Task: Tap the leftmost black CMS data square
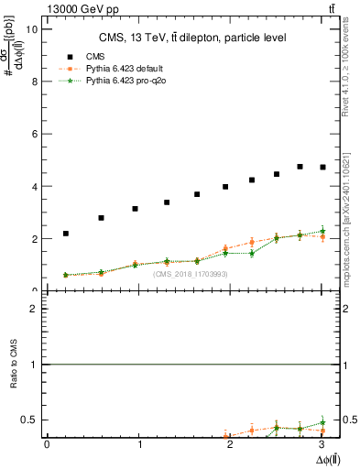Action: [66, 234]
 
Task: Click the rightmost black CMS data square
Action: [322, 167]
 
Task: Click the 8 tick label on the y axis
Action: [35, 82]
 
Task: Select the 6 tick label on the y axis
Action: [35, 134]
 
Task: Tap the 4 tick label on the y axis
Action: [35, 187]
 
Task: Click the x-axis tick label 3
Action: [324, 444]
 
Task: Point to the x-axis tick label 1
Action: [139, 444]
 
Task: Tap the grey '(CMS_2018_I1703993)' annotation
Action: [190, 274]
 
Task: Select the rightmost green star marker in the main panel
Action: [322, 231]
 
